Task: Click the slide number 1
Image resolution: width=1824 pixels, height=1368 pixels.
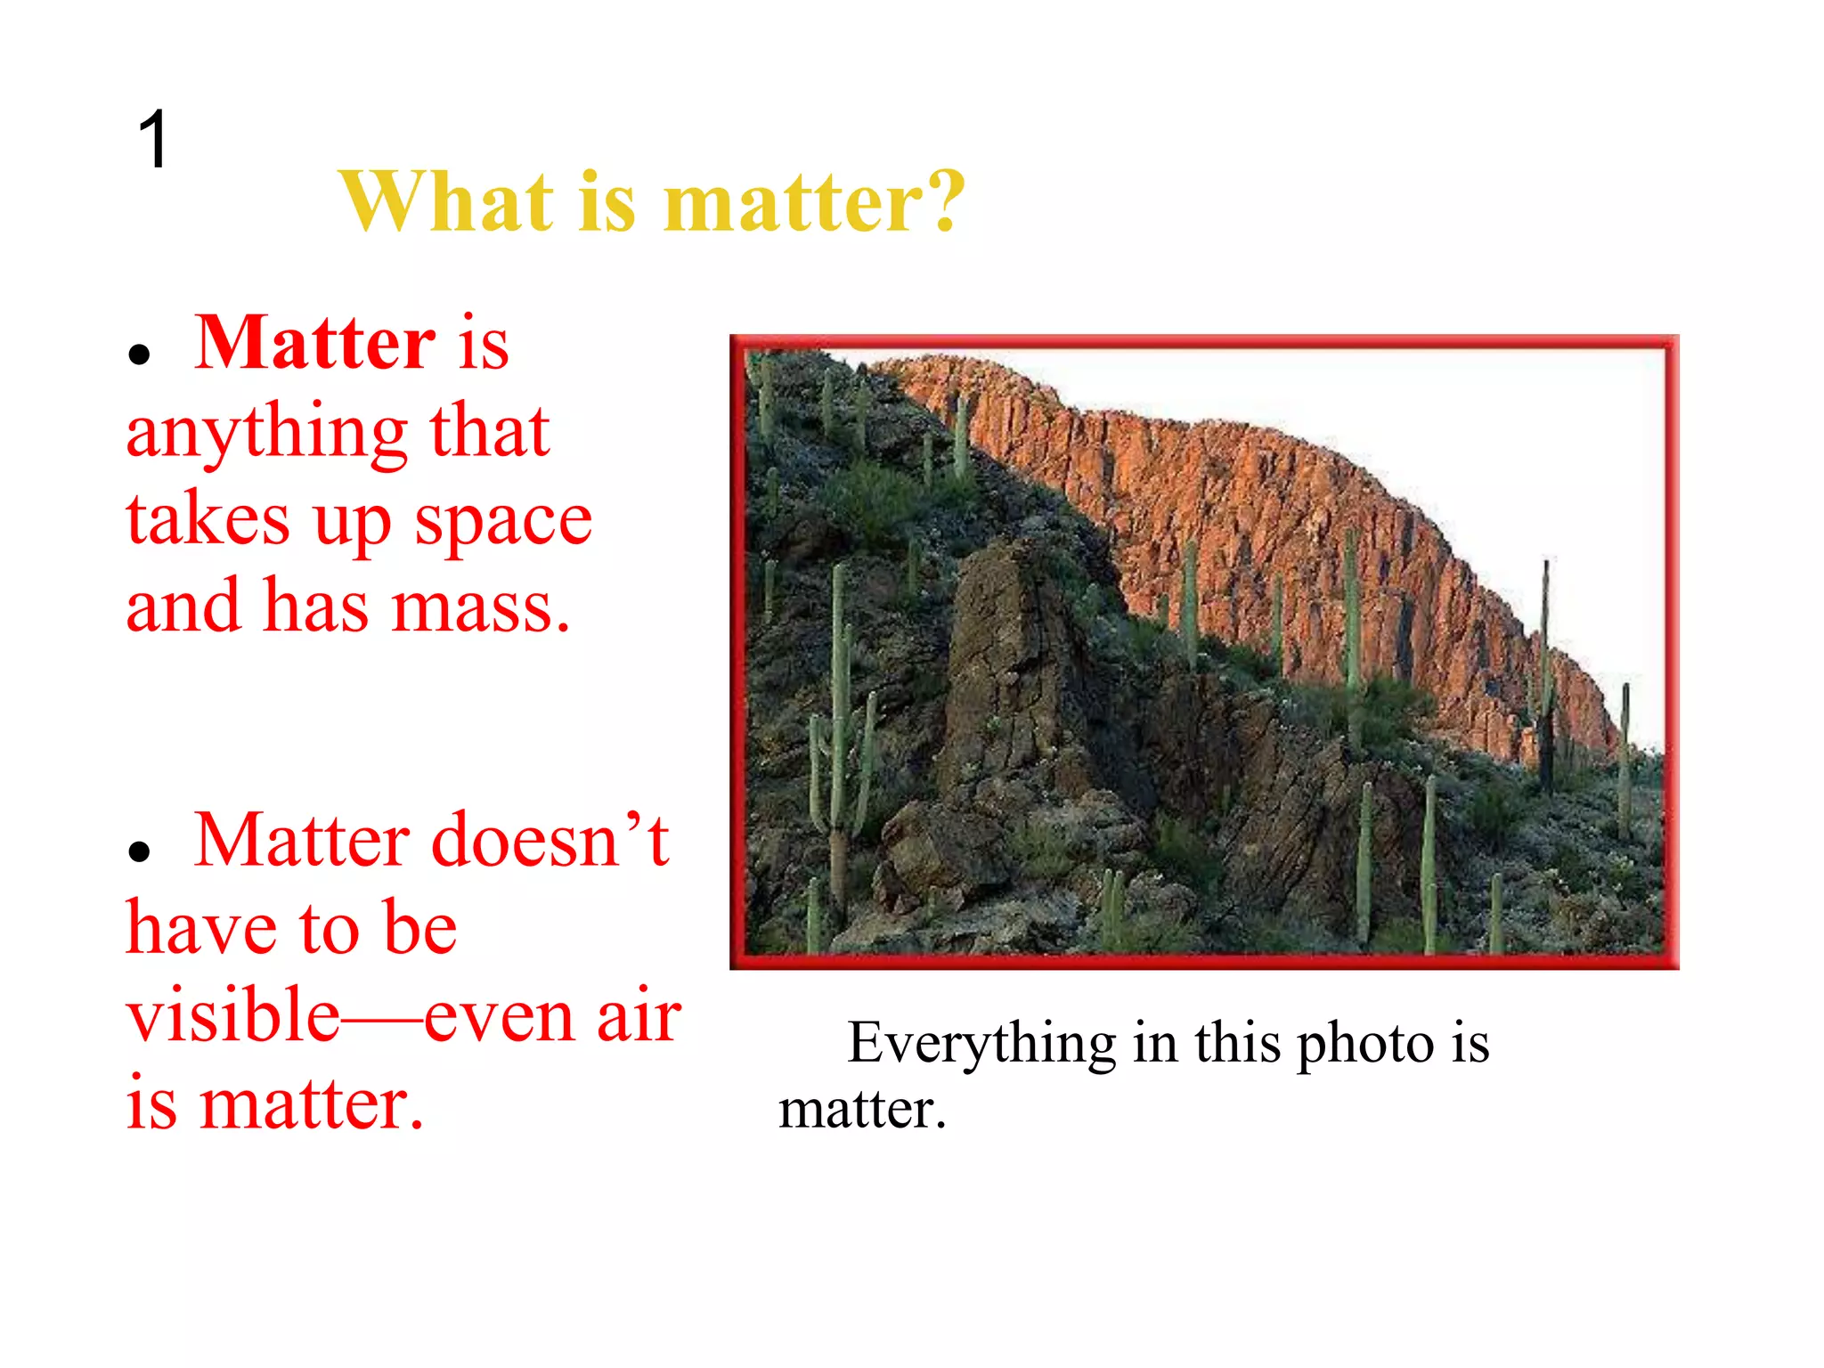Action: pyautogui.click(x=153, y=139)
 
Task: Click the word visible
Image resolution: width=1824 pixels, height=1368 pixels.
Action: pyautogui.click(x=233, y=1015)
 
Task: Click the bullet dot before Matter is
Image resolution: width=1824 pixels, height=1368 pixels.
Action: pyautogui.click(x=138, y=354)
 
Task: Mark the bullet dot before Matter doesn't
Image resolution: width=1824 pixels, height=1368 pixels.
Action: pyautogui.click(x=138, y=852)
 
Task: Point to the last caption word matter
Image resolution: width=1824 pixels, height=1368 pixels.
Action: pyautogui.click(x=861, y=1110)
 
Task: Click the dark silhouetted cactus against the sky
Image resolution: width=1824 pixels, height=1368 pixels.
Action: pyautogui.click(x=1546, y=677)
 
